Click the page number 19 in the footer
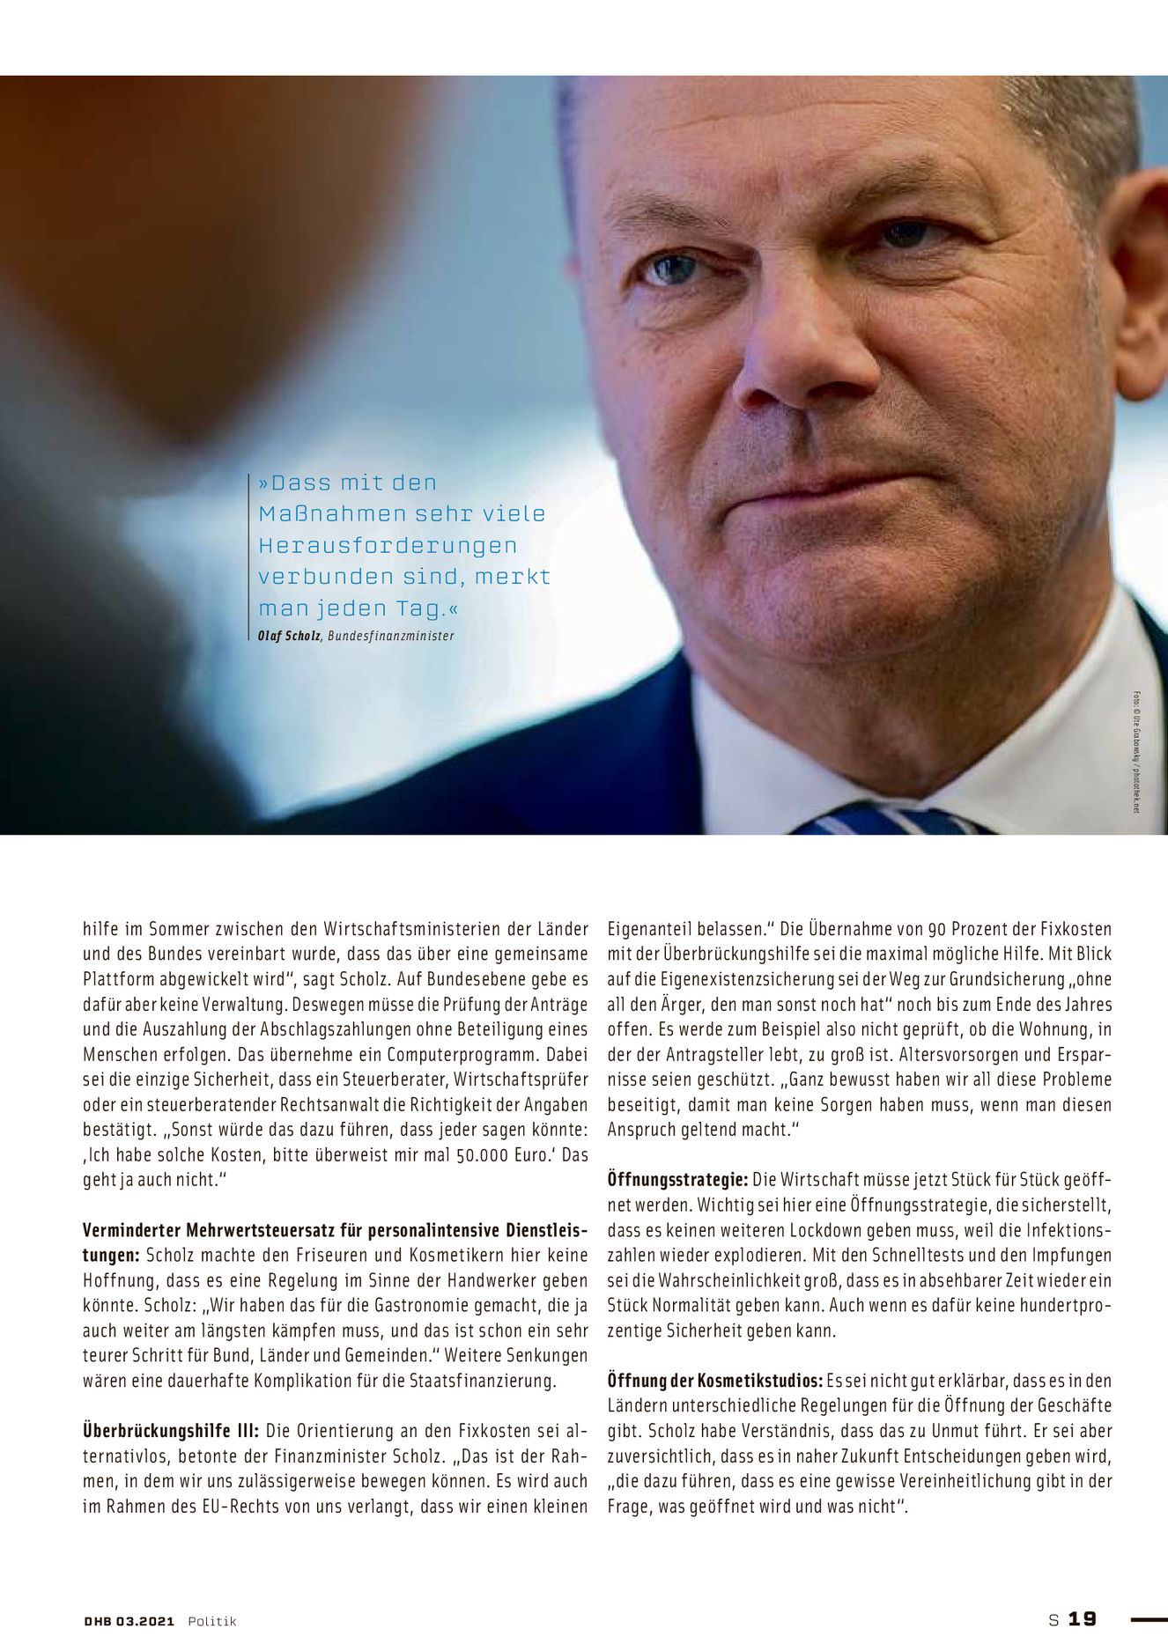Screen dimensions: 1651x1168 point(1082,1619)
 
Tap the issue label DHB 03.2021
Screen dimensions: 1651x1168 point(129,1621)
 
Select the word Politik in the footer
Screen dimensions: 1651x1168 point(212,1621)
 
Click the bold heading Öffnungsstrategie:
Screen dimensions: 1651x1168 point(677,1179)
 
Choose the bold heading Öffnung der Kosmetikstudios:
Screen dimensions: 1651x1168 point(715,1381)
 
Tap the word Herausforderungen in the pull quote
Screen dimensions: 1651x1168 point(388,546)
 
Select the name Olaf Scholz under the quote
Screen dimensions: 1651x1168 point(289,636)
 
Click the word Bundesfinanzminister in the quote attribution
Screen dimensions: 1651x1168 point(391,636)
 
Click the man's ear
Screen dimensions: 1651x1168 point(1136,264)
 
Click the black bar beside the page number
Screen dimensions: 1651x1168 point(1148,1619)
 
